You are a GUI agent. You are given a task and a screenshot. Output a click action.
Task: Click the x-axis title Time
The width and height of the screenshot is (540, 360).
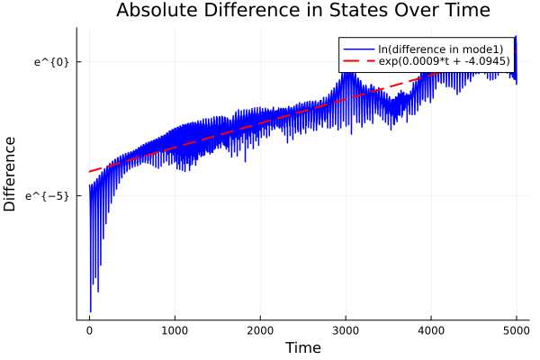click(x=302, y=347)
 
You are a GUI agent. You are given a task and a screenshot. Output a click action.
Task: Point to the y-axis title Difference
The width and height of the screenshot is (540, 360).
click(x=11, y=174)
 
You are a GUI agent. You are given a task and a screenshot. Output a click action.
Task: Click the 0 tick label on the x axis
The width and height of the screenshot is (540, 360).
click(x=89, y=329)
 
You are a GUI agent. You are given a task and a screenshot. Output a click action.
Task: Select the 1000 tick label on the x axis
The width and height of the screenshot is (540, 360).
click(x=175, y=329)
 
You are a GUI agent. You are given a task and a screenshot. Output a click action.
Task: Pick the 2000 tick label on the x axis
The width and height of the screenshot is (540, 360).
click(x=260, y=329)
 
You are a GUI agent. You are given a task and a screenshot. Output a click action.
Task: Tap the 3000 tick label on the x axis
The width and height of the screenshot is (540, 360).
click(x=346, y=329)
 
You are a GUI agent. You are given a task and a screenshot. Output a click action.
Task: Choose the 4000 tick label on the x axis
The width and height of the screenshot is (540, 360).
click(x=431, y=329)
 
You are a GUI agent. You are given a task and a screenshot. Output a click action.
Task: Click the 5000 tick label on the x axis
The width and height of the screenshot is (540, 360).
click(x=516, y=329)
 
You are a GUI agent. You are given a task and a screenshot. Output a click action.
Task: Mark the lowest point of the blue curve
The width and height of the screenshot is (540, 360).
click(x=90, y=311)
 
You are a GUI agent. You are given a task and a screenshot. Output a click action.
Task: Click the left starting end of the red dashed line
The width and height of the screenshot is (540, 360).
click(x=89, y=171)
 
